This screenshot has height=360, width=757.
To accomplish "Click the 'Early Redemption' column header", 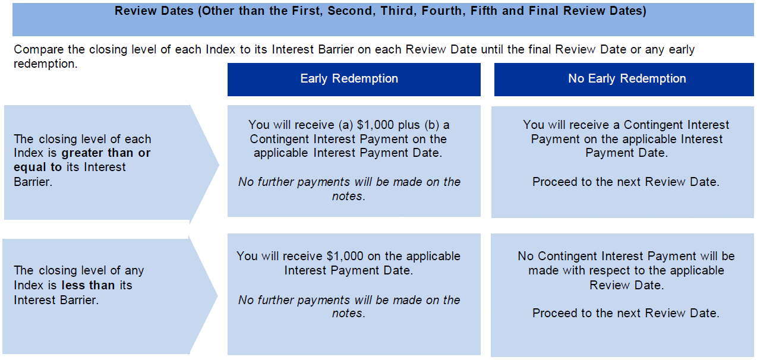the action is tap(349, 78).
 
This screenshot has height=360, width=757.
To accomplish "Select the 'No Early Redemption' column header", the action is tap(627, 78).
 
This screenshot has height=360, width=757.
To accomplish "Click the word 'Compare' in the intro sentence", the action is tap(38, 50).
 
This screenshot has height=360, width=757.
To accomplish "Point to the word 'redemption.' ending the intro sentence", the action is tap(46, 64).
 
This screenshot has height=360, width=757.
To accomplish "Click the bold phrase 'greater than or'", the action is tap(106, 153).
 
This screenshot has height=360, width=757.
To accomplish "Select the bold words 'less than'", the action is tap(88, 285).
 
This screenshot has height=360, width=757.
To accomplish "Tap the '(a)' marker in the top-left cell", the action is tap(346, 125).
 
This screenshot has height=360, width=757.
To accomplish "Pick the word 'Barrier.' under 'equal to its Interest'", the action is tap(33, 182).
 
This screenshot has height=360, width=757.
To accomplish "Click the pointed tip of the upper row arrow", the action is tap(219, 165).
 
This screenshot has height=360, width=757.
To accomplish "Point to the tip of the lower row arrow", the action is tap(217, 296).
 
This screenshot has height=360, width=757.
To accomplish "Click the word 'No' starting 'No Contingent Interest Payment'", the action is tap(525, 256).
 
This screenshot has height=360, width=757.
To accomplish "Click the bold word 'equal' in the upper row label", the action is tap(30, 168).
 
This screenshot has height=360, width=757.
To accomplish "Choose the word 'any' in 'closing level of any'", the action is tap(134, 271).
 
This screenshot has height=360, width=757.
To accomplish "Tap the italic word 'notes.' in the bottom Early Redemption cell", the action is tap(349, 313).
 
